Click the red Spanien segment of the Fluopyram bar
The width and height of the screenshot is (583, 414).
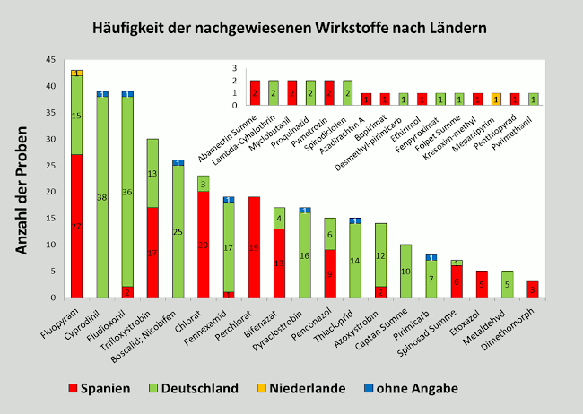pos(77,226)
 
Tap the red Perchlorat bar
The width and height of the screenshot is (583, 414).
pos(253,247)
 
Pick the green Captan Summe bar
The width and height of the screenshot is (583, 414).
pos(406,271)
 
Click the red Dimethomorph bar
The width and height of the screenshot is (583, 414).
pos(533,289)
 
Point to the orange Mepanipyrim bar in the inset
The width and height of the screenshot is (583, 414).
pos(496,99)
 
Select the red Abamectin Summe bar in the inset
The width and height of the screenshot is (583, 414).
pos(256,92)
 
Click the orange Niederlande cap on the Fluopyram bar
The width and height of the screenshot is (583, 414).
pos(77,73)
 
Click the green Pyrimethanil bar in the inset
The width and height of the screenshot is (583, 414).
pos(534,99)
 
